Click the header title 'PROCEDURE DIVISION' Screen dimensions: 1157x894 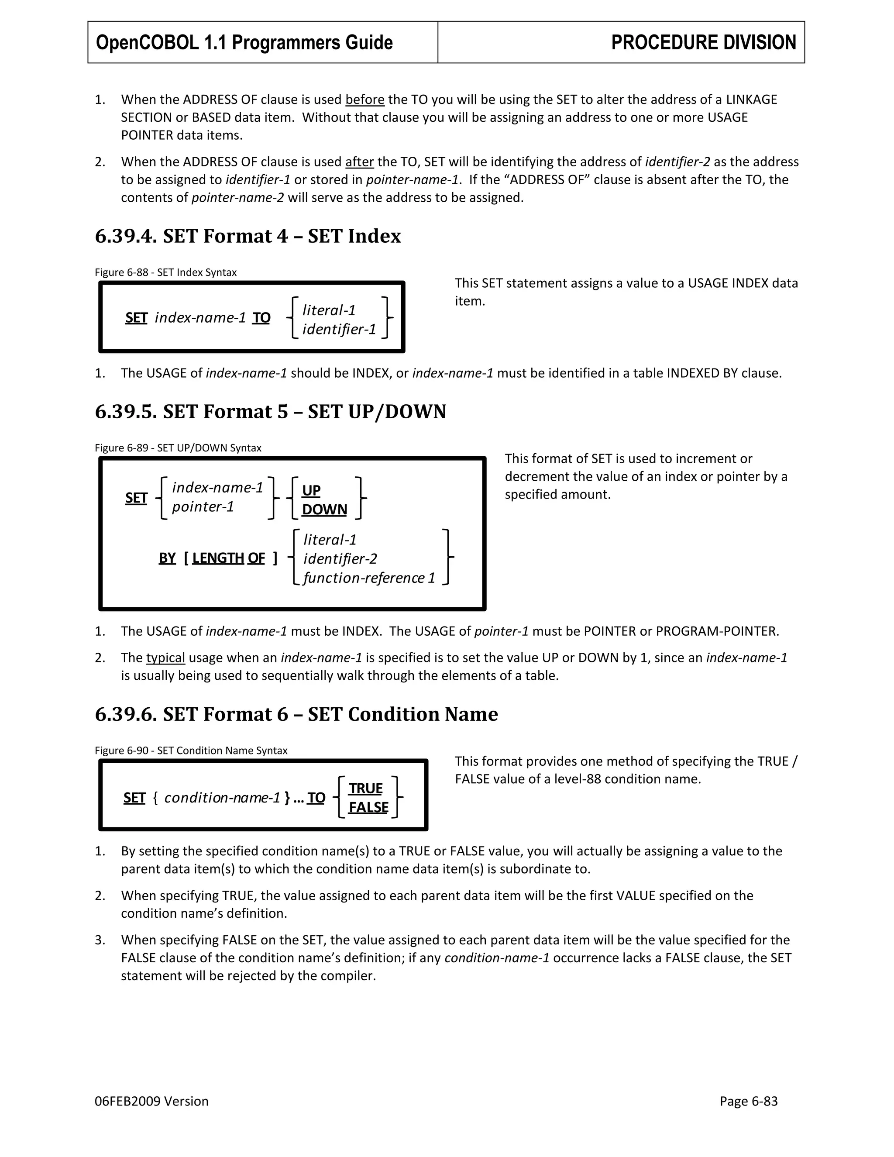coord(703,42)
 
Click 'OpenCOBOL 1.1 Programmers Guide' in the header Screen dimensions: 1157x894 coord(244,42)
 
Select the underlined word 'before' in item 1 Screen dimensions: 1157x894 coord(364,100)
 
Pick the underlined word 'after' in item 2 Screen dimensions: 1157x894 coord(359,162)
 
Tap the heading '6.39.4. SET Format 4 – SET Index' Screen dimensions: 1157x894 coord(248,236)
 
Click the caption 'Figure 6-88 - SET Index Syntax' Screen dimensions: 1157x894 coord(165,272)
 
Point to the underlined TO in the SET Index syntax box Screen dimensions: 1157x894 coord(261,318)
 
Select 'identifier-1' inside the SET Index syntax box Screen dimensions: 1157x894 coord(339,330)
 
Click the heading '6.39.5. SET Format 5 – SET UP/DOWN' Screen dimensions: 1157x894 coord(270,411)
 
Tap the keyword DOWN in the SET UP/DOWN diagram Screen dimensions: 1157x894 coord(324,509)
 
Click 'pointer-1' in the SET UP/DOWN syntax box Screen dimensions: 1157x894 coord(203,507)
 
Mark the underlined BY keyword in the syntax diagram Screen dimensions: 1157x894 coord(167,558)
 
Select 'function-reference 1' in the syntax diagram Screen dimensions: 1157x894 coord(369,578)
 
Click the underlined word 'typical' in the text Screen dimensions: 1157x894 coord(165,658)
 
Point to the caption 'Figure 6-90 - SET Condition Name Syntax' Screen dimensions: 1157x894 coord(191,751)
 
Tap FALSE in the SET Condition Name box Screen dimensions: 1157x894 coord(368,807)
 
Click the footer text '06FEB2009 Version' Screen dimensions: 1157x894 coord(151,1102)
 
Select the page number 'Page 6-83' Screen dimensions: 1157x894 coord(748,1102)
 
